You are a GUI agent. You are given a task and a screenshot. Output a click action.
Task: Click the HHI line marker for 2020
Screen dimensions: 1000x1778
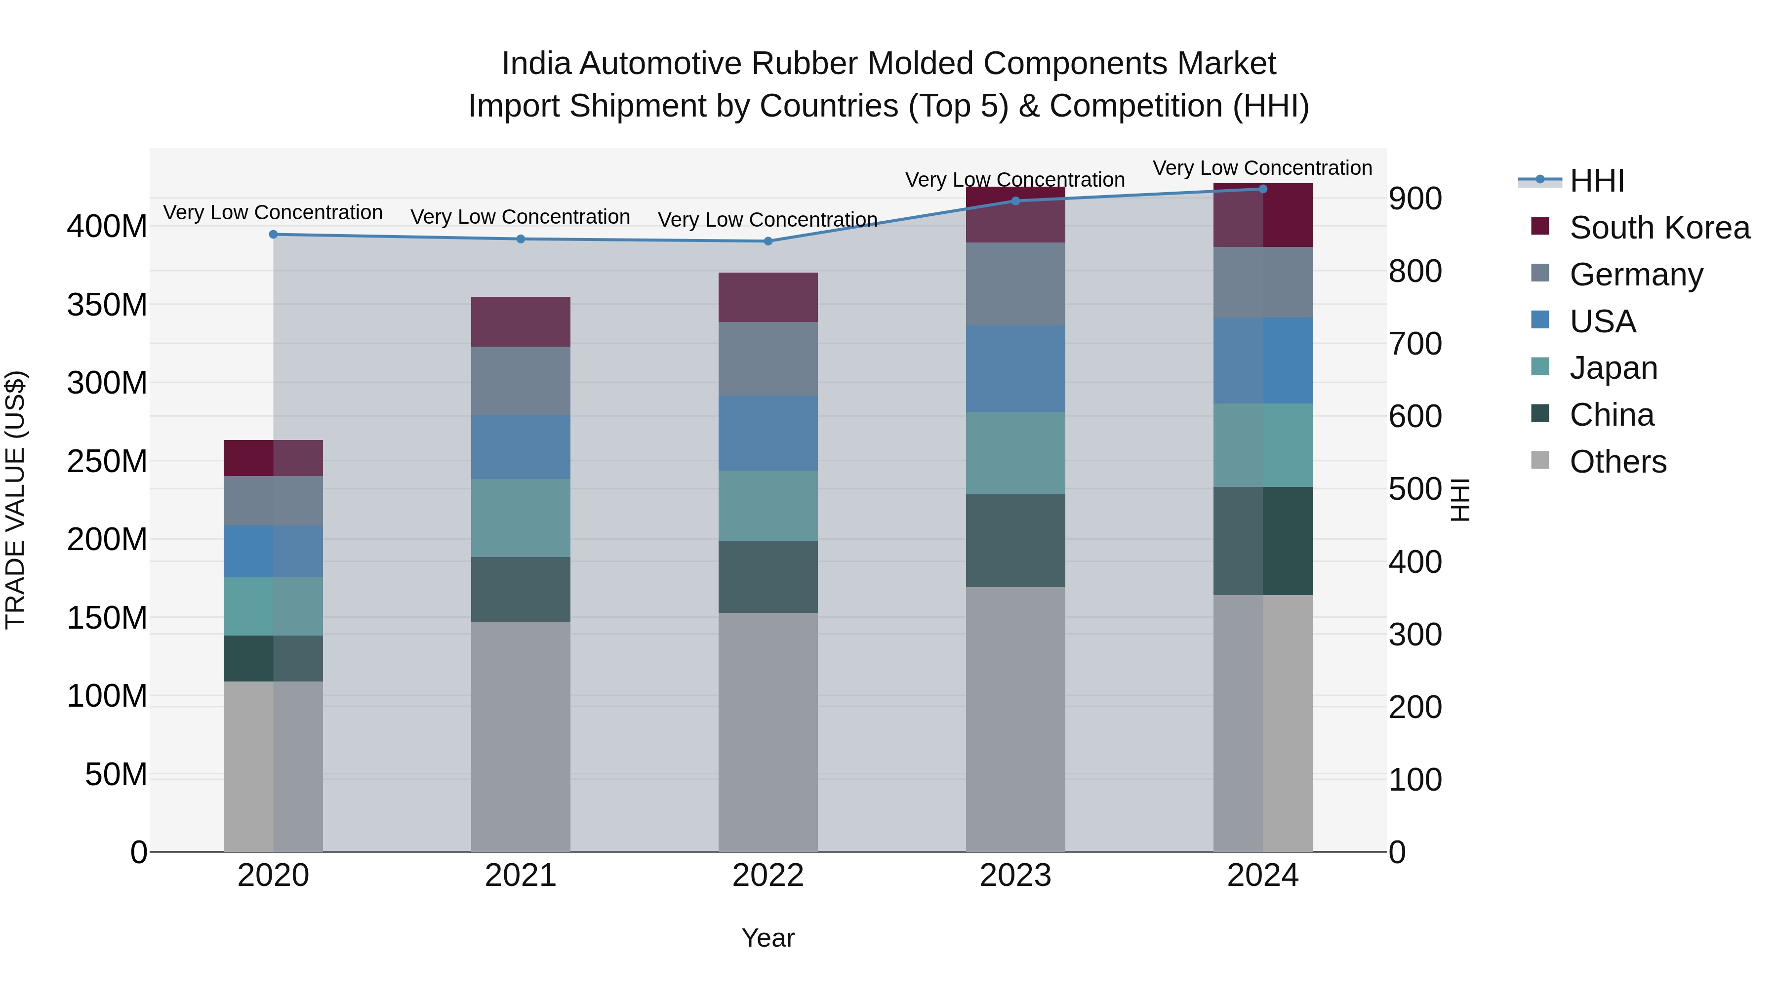(273, 235)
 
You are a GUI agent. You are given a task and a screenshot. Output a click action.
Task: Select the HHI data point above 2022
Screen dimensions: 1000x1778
(768, 241)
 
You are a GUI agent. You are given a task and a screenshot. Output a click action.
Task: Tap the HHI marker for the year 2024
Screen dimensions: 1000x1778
(1263, 189)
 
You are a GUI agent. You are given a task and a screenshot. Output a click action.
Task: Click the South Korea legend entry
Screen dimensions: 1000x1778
(1659, 228)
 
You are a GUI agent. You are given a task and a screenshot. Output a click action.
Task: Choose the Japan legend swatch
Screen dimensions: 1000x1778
(1540, 367)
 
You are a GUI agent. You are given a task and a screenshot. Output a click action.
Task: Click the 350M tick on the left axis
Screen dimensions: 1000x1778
(107, 304)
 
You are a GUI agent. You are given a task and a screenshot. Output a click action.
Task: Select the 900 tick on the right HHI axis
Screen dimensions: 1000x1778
(1415, 199)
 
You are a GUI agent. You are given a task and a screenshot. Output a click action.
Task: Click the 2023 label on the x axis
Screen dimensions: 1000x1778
(1015, 876)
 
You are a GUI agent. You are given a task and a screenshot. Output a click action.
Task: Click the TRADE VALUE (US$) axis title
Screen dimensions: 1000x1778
(16, 500)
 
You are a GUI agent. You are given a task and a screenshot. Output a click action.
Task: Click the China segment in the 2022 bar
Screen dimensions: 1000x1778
(768, 577)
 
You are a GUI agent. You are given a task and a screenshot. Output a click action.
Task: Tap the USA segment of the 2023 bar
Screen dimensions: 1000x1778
(1015, 369)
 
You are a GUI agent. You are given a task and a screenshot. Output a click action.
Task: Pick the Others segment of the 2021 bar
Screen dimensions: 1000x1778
(521, 736)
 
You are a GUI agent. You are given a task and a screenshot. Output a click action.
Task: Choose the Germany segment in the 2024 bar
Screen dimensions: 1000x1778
(1263, 283)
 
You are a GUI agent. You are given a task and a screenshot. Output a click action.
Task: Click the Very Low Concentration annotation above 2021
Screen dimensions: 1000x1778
(521, 217)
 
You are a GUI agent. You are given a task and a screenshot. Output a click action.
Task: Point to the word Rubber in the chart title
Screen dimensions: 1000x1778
(805, 64)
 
